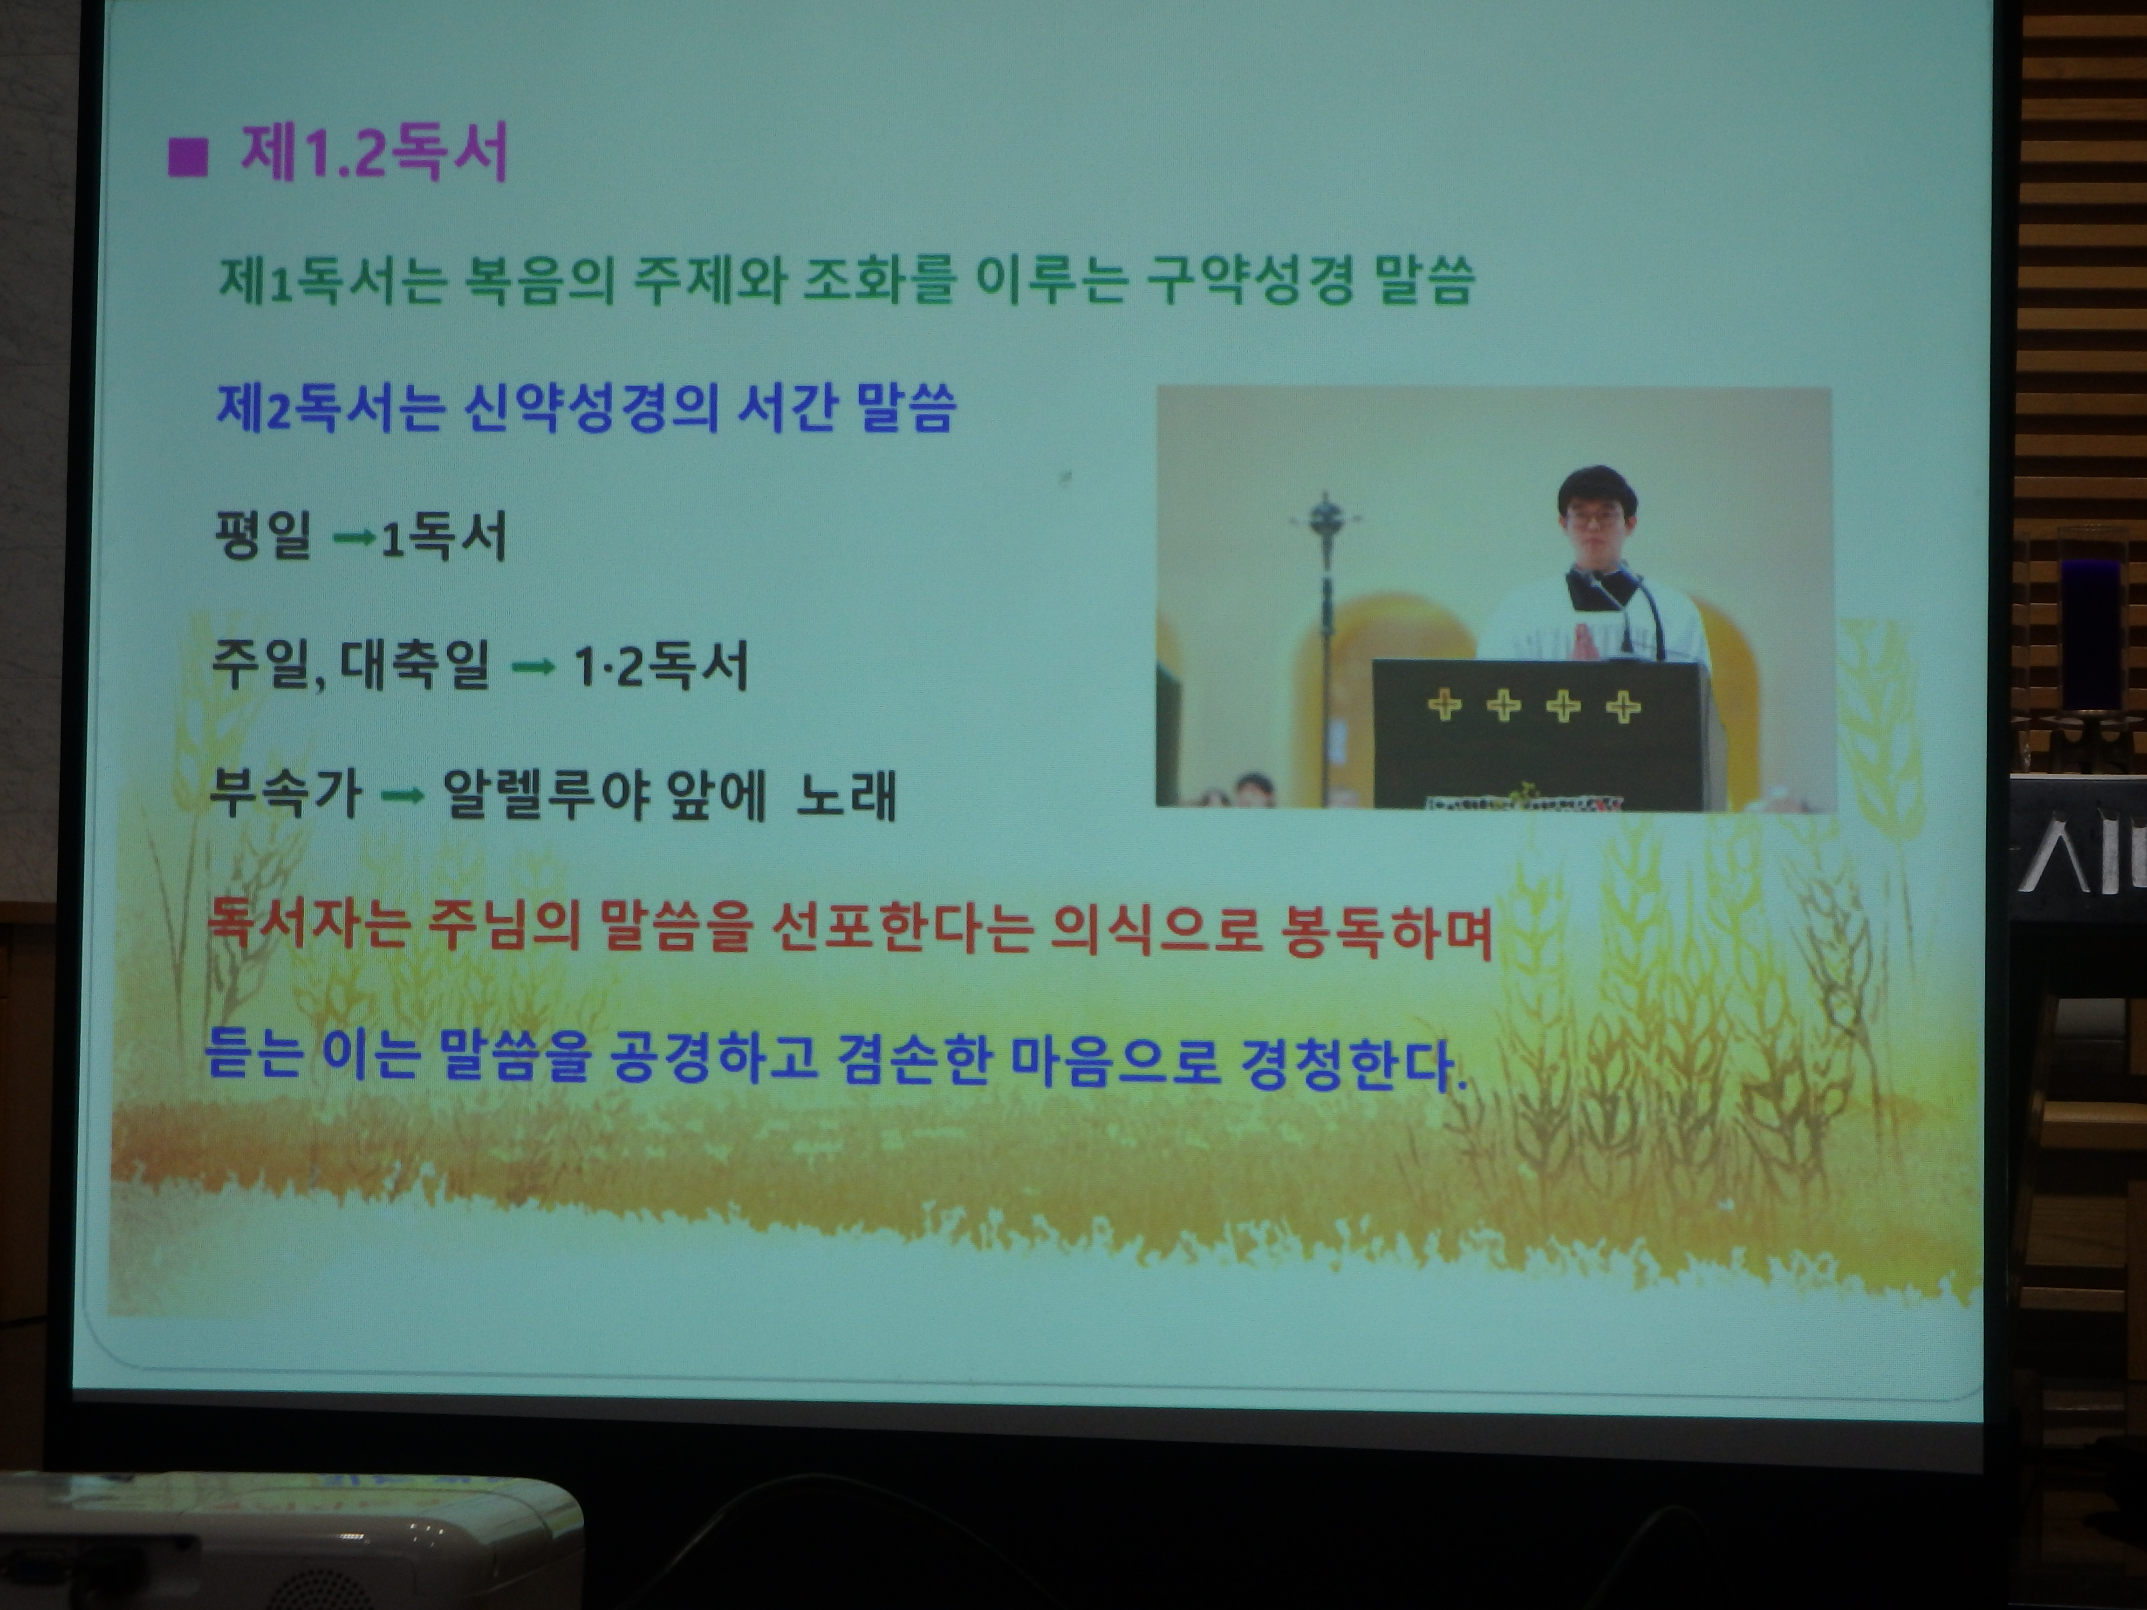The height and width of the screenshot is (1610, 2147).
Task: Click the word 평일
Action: tap(262, 535)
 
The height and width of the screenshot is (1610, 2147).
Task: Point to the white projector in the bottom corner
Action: tap(291, 1543)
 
